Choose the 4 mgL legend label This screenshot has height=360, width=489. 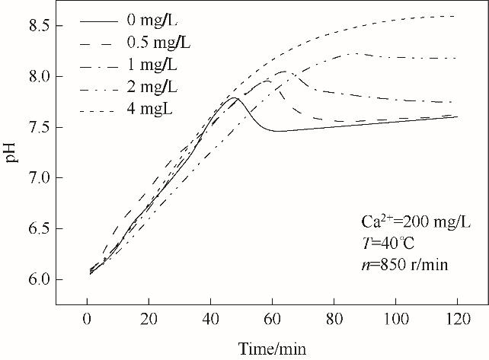[153, 108]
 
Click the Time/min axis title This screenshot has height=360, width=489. [273, 348]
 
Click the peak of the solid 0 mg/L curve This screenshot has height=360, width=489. [235, 98]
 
